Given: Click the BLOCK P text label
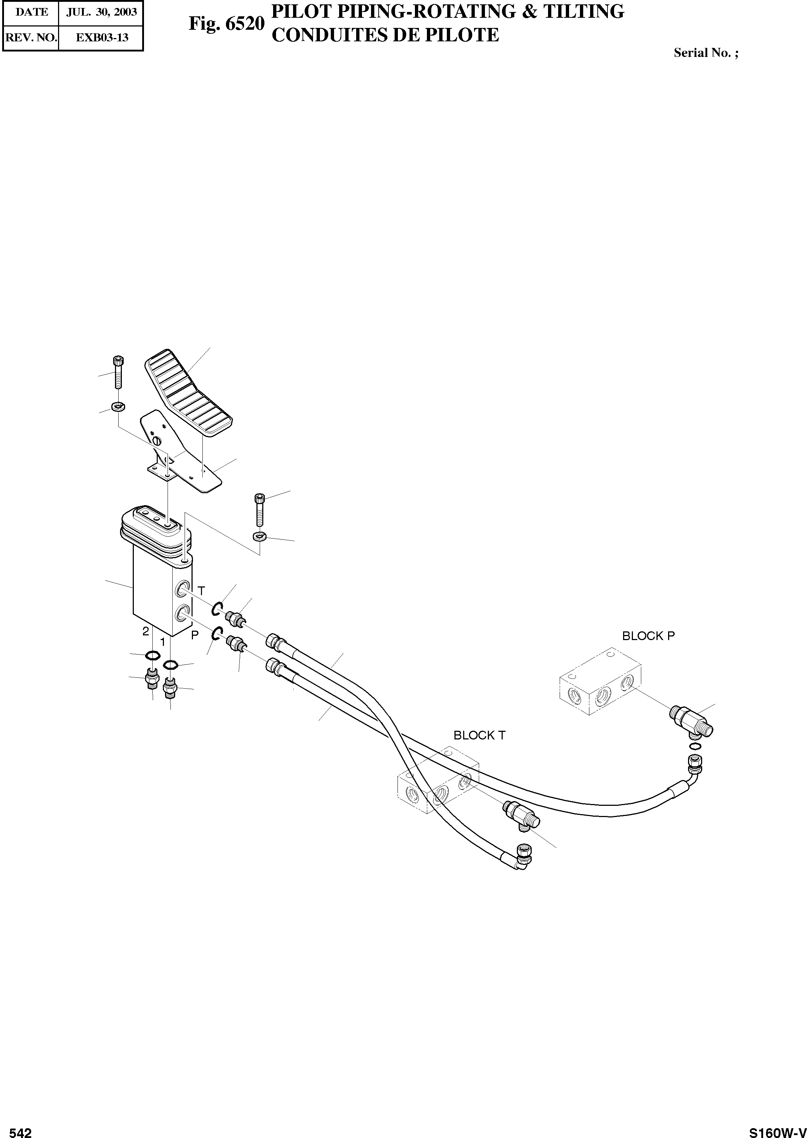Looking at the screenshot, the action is point(648,636).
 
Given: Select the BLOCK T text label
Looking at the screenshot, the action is point(479,735).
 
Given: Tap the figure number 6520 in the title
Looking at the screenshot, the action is point(244,23).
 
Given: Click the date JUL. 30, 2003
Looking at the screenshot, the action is point(101,12).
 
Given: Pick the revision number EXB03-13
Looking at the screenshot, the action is point(101,37).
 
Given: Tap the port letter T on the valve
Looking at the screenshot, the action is point(201,591).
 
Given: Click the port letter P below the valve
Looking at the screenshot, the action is point(195,635).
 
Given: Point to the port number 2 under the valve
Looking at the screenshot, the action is point(145,631).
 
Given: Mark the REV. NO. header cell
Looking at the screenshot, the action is point(31,37).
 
